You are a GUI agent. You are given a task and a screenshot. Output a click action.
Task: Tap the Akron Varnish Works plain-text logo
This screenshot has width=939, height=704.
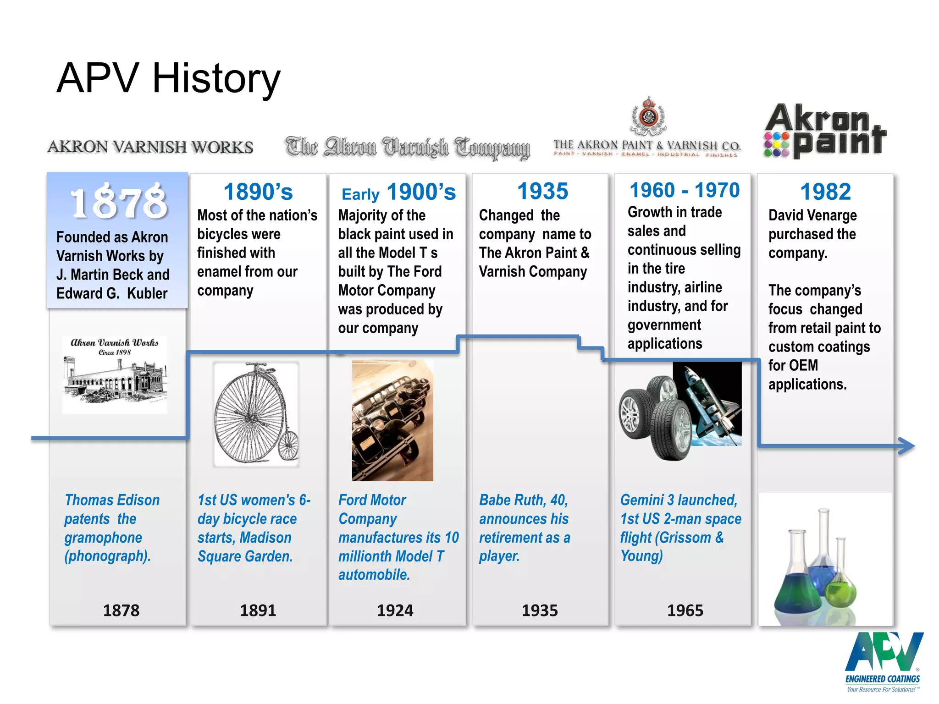tap(150, 147)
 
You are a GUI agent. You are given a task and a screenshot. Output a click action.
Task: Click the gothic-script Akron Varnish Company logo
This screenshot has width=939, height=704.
tap(407, 148)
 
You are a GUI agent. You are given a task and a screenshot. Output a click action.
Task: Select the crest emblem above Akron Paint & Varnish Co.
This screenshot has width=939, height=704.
tap(648, 116)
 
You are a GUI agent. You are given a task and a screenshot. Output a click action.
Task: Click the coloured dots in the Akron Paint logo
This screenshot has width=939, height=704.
tap(776, 144)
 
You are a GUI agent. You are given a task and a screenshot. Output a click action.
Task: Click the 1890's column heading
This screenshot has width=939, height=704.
tap(258, 192)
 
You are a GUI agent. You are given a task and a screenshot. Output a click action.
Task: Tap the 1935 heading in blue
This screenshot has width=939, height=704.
tap(542, 191)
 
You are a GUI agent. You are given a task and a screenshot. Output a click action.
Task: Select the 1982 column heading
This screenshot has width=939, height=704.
tap(825, 192)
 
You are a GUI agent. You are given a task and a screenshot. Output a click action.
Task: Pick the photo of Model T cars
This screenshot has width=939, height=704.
tap(392, 420)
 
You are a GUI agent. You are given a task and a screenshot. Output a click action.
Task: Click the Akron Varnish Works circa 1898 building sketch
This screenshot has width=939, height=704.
tap(115, 375)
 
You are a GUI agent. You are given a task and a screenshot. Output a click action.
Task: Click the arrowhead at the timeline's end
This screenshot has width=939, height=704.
tap(906, 445)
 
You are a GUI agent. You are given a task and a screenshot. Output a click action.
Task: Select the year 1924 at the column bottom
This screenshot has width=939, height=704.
tap(395, 610)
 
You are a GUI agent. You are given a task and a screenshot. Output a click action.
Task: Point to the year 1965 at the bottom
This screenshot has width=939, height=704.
tap(685, 610)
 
